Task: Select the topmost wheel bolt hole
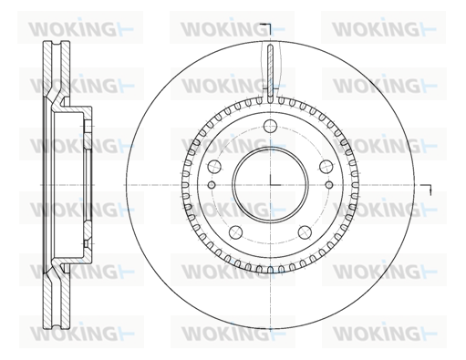click(x=270, y=126)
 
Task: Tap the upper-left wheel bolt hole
click(x=214, y=166)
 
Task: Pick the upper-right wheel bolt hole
click(x=326, y=166)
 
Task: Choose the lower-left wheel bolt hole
click(x=236, y=232)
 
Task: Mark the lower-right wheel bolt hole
click(x=305, y=232)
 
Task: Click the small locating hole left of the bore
click(x=212, y=185)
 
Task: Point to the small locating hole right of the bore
click(x=328, y=185)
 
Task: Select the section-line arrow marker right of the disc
click(x=426, y=189)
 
